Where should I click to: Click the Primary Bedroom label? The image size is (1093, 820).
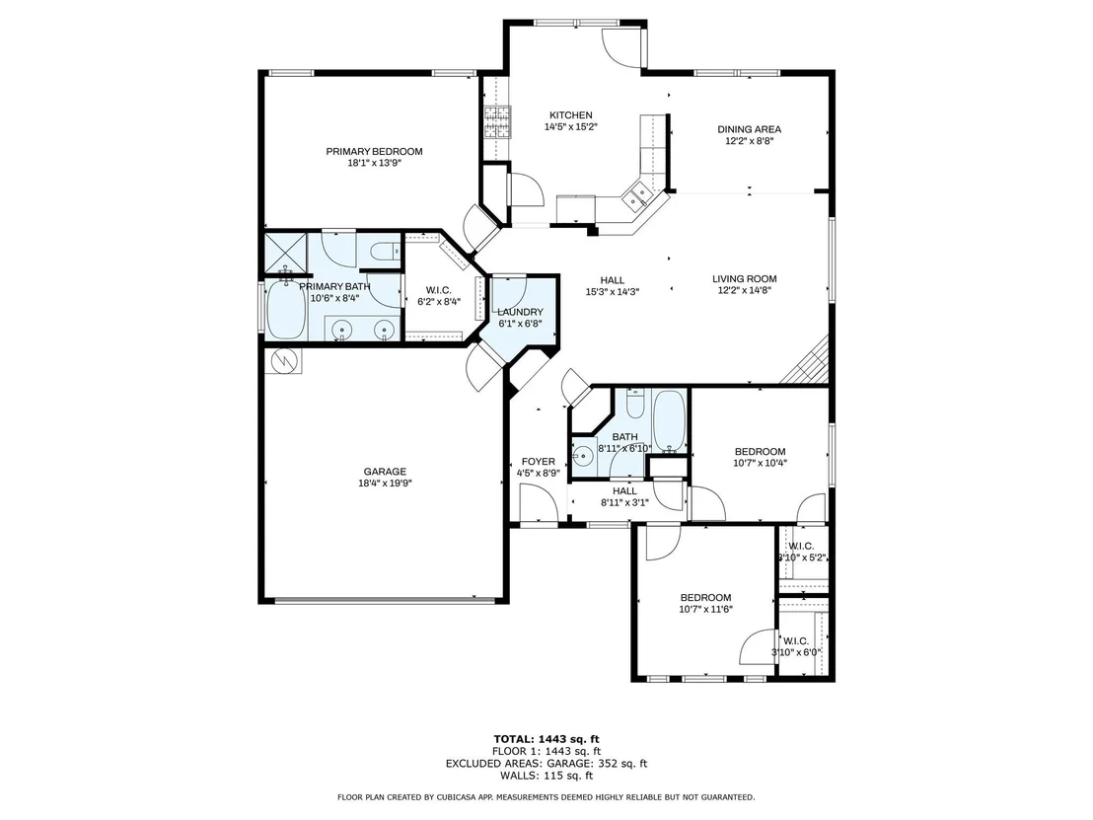[x=374, y=151]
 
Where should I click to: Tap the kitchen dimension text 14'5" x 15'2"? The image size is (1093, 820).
[x=571, y=127]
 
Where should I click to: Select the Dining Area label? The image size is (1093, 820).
[x=750, y=129]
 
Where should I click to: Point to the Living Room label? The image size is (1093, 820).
[x=745, y=279]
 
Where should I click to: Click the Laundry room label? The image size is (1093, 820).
[x=520, y=312]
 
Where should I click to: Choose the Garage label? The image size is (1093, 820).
[x=385, y=472]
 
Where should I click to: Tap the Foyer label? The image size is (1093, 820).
[x=539, y=462]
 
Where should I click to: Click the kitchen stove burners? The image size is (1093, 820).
[x=498, y=122]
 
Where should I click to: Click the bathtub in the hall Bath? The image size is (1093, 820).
[x=670, y=420]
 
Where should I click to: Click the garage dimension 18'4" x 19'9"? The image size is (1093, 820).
[x=385, y=483]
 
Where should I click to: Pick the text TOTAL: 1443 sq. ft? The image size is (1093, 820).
[x=546, y=739]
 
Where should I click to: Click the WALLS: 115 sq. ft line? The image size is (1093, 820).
[x=546, y=776]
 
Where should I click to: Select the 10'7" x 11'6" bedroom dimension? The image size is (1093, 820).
[x=705, y=609]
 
